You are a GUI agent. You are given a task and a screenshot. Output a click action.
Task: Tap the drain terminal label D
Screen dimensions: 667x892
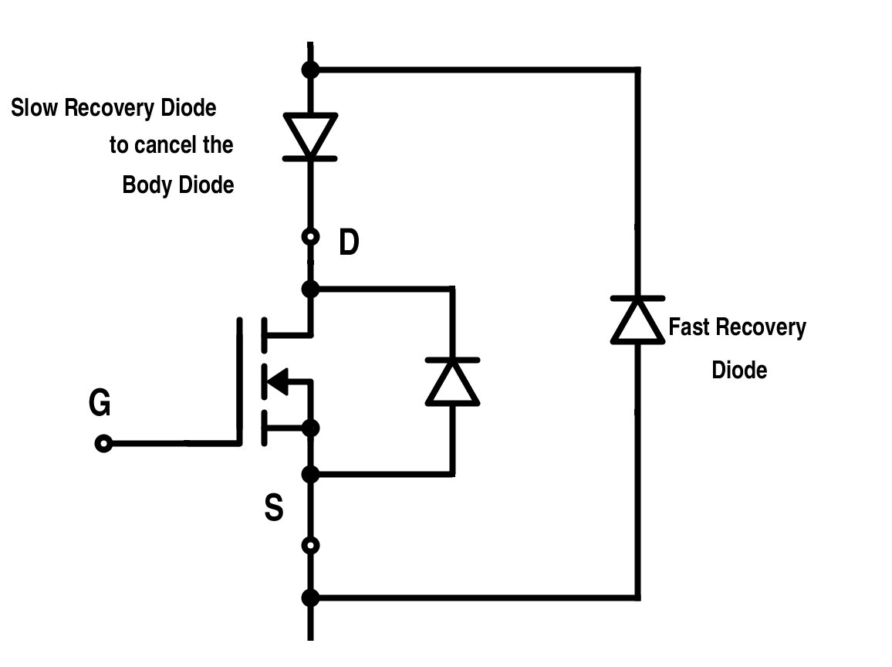[x=349, y=244]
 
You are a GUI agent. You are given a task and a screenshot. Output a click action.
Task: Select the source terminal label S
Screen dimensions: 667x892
[x=274, y=510]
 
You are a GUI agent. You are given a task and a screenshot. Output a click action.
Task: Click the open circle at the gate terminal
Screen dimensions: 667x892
[x=103, y=444]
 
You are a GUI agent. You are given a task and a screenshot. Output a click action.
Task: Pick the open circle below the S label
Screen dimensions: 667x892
[x=310, y=546]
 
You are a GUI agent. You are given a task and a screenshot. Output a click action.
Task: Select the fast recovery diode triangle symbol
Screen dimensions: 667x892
[x=637, y=321]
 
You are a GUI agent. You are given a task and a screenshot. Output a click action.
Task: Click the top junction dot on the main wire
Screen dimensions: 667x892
[x=310, y=70]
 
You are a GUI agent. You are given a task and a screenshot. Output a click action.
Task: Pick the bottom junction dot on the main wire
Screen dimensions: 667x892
[x=310, y=597]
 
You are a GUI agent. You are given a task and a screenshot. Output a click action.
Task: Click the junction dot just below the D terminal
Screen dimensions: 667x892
[x=310, y=289]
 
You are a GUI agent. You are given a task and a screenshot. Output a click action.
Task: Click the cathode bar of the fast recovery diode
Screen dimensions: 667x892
[x=637, y=297]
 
